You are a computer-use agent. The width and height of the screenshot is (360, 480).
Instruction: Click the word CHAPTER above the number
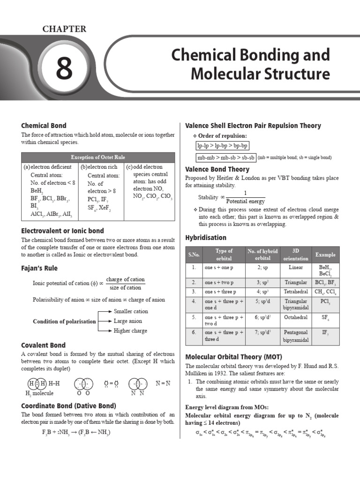[65, 29]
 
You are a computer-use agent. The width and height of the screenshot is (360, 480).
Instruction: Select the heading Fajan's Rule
[39, 268]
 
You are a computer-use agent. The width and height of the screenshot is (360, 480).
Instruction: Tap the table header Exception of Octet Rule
[98, 157]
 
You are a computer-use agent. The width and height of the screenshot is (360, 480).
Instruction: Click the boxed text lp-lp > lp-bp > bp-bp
[223, 146]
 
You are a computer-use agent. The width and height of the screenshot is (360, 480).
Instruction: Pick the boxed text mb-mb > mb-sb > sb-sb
[226, 157]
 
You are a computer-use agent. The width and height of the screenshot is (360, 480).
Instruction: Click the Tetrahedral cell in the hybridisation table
[296, 292]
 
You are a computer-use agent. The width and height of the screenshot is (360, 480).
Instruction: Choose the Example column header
[325, 255]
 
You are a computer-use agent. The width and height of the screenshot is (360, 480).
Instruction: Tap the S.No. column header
[194, 255]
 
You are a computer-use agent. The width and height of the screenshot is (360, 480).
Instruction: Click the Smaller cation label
[131, 311]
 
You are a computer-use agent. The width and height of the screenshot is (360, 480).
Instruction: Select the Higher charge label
[130, 330]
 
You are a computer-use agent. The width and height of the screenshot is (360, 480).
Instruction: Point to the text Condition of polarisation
[64, 322]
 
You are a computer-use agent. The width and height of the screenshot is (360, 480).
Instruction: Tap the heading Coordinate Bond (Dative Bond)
[68, 405]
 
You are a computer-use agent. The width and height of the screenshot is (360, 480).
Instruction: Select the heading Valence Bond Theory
[217, 169]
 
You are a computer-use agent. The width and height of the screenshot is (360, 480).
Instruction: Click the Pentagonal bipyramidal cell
[296, 336]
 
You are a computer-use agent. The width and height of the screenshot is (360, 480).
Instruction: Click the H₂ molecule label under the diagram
[40, 393]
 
